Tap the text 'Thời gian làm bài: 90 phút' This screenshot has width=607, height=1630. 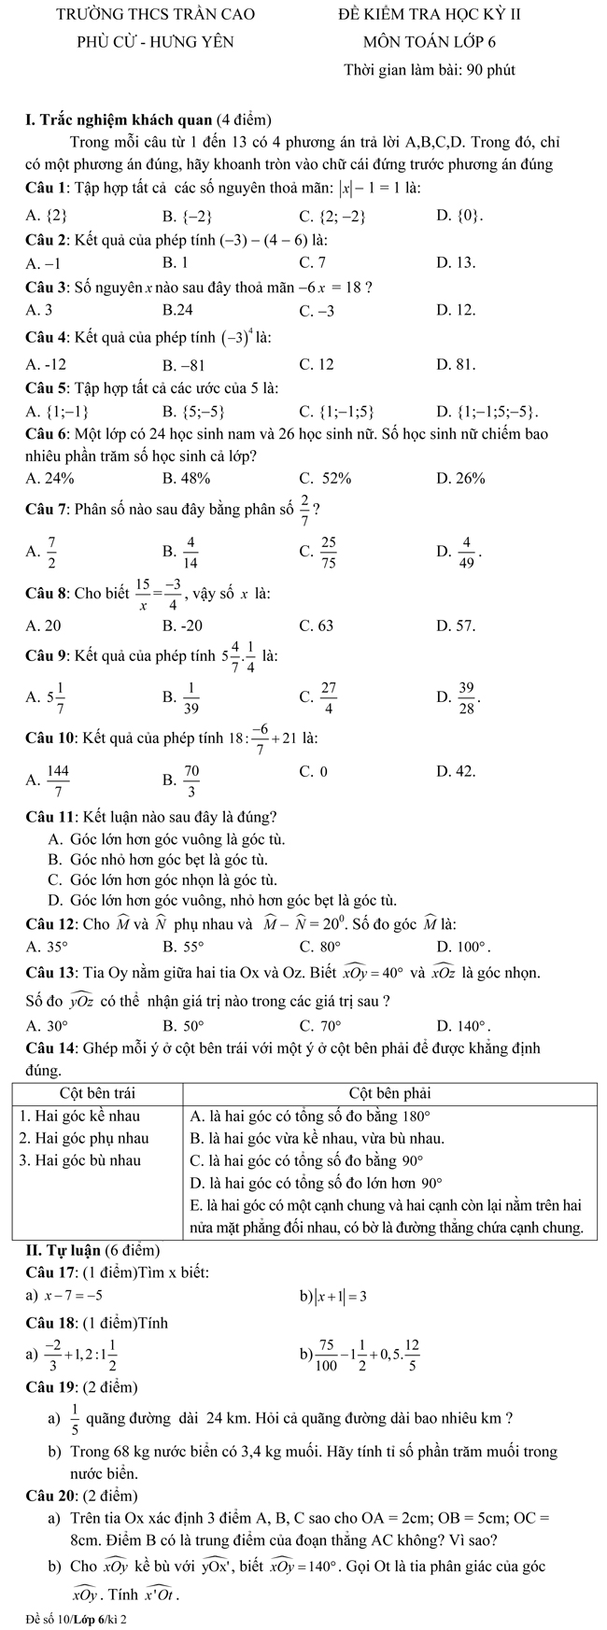(430, 70)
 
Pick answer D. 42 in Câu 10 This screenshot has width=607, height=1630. (456, 771)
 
